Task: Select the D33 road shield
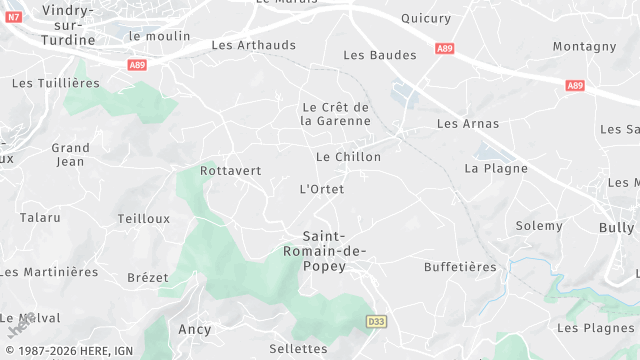[375, 321]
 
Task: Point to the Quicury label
[426, 18]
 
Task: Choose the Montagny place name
[584, 46]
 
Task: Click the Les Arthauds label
[254, 45]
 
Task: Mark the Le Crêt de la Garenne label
[335, 113]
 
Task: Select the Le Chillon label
[348, 157]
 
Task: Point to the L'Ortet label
[322, 189]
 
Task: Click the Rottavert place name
[230, 170]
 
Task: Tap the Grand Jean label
[70, 154]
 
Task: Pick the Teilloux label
[143, 218]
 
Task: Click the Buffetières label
[460, 267]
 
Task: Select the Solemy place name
[539, 226]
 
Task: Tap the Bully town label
[616, 228]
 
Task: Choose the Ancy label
[194, 329]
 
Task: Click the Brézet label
[148, 277]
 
